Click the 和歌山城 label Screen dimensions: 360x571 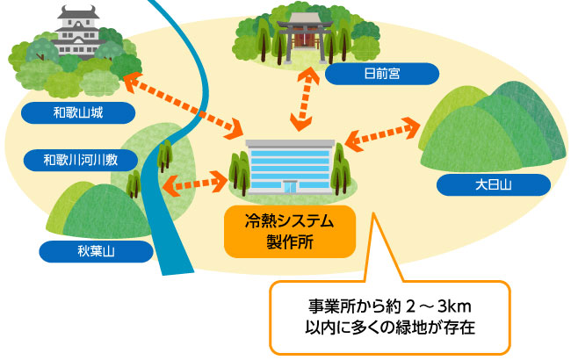(78, 112)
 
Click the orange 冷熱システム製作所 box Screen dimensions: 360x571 (290, 230)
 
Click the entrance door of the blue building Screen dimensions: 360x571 (289, 186)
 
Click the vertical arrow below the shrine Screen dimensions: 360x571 (305, 99)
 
